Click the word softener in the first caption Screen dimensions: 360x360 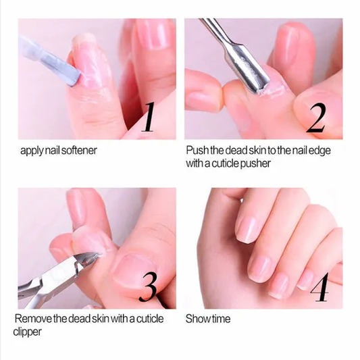[79, 149]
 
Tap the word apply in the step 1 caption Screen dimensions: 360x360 [31, 149]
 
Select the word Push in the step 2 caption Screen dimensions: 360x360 [197, 149]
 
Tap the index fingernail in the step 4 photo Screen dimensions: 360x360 [247, 229]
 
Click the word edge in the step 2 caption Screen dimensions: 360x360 [316, 149]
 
